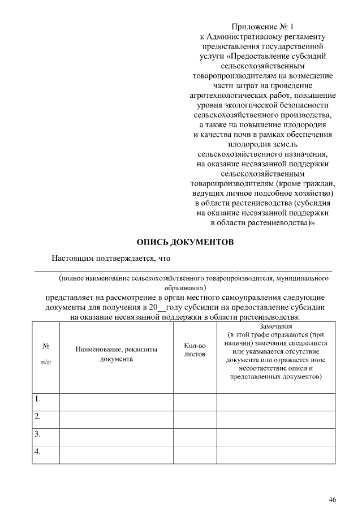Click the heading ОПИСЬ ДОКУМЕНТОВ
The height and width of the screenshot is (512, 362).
[185, 242]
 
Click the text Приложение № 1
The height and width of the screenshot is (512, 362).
[263, 27]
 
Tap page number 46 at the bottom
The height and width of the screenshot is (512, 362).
[332, 499]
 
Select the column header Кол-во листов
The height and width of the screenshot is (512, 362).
[195, 350]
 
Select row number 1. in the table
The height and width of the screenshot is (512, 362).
[38, 399]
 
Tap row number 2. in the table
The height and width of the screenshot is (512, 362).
[38, 417]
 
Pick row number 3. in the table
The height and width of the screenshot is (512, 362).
[38, 434]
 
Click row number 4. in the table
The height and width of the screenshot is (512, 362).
[38, 451]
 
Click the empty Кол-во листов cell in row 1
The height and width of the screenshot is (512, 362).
[195, 401]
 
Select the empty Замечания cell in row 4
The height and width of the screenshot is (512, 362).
[276, 454]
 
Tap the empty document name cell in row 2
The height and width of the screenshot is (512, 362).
[116, 419]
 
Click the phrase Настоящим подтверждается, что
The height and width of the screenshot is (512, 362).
[111, 259]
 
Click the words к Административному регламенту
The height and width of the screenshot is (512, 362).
[263, 36]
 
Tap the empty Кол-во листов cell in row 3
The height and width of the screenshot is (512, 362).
[195, 436]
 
